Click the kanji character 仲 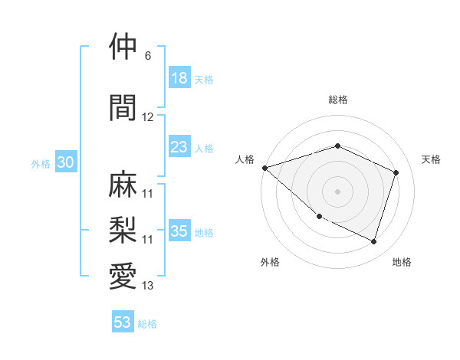123,47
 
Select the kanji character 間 123,108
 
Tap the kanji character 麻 123,184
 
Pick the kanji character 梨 123,231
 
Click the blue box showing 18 179,78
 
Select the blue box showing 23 179,147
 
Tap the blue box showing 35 179,231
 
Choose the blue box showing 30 65,162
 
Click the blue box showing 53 123,322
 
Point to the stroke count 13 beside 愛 148,286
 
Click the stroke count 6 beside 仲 148,56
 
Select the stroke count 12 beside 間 148,117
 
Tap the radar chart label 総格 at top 337,100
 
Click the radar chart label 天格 432,159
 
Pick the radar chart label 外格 270,262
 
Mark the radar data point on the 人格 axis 264,168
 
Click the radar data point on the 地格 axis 373,241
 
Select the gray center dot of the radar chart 337,191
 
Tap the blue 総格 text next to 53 147,324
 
